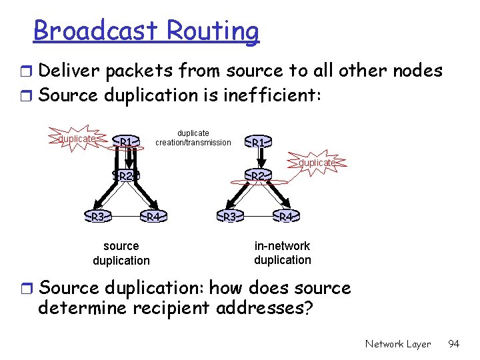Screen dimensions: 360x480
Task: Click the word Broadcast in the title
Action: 96,31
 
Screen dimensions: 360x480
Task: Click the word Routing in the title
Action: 213,31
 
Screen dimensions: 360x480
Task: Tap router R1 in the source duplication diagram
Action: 126,141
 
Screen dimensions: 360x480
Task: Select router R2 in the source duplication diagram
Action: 127,176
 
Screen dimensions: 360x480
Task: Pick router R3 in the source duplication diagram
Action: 97,217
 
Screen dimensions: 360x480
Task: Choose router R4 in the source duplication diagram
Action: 153,217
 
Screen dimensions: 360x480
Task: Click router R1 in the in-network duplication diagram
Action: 259,142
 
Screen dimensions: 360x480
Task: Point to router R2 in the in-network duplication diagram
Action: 259,176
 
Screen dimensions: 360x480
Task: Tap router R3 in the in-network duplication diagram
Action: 230,217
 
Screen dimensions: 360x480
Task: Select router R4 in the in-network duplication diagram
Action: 285,217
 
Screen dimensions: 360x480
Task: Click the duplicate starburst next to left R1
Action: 77,139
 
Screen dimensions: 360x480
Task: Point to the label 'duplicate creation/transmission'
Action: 193,138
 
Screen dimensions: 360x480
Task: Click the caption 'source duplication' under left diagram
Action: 121,253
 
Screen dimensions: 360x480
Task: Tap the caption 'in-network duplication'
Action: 282,253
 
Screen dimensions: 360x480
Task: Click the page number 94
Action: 454,344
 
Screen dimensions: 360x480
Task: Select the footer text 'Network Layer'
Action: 398,344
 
